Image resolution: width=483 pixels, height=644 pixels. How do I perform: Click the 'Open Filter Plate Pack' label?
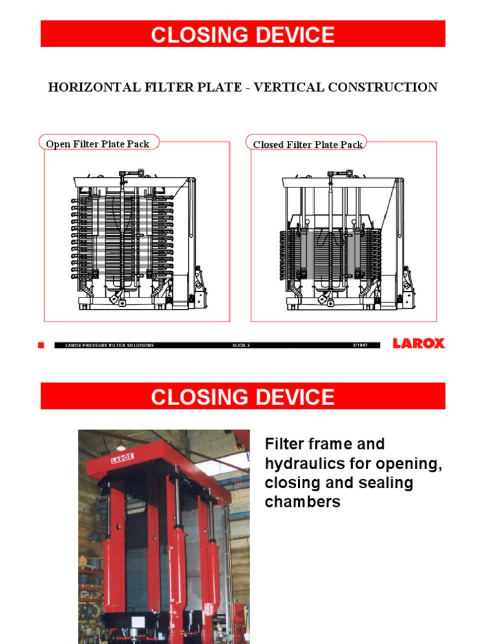coord(97,144)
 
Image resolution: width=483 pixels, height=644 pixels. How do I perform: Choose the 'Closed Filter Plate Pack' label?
coord(308,145)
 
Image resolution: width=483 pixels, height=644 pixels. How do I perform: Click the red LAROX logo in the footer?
coord(418,343)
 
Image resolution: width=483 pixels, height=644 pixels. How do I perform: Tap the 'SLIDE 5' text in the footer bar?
coord(241,345)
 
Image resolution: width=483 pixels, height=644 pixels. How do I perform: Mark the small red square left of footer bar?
coord(41,345)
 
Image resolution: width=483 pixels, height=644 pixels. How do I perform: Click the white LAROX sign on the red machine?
coord(123,458)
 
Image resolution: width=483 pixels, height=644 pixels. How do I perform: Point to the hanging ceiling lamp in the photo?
coord(121,447)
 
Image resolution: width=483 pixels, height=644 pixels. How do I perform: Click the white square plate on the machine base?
coord(135,636)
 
